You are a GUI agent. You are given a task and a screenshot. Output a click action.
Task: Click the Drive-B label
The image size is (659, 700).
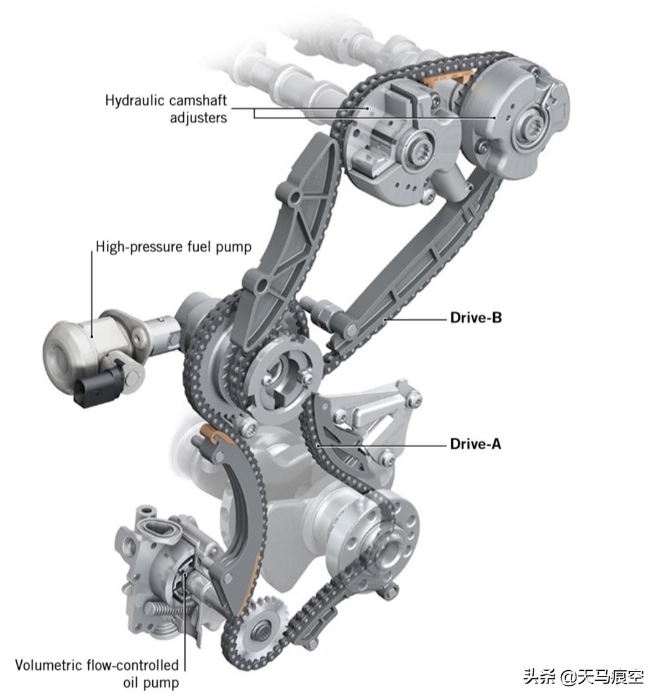coord(475,318)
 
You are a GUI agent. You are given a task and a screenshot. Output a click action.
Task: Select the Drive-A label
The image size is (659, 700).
coord(475,444)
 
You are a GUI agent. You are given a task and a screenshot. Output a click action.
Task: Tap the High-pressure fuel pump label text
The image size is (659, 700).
coord(173,247)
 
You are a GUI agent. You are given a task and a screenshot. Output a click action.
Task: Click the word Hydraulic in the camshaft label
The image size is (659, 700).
coord(132,101)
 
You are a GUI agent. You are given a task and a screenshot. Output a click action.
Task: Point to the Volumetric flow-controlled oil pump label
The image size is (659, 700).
coord(97,673)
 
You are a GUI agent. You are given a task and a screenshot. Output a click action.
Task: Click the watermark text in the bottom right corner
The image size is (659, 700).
coord(583,676)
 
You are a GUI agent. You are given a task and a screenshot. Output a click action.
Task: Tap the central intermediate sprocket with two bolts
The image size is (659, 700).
coord(288,376)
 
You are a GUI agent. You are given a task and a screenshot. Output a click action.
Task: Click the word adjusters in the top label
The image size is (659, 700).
coord(198,117)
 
